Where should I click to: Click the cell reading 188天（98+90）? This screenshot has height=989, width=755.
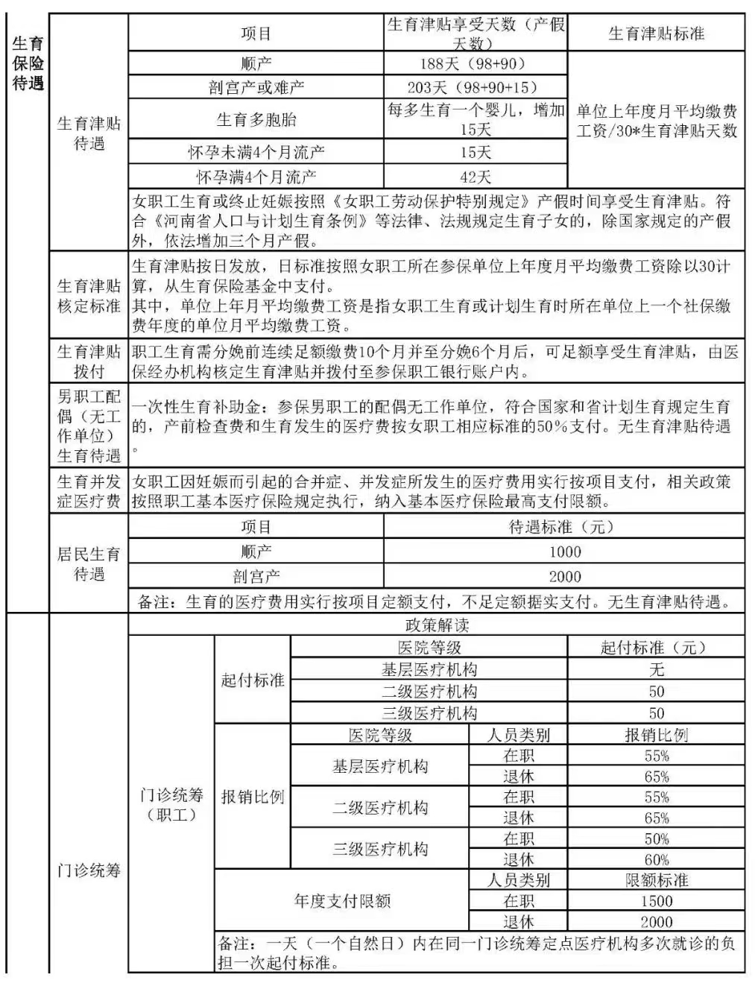click(x=475, y=63)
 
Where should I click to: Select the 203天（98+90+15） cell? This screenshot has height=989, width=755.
click(x=475, y=87)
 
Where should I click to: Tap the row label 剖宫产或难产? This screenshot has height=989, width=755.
click(x=256, y=87)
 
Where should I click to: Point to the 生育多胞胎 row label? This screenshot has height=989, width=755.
click(x=256, y=119)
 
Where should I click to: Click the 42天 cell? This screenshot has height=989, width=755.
click(x=475, y=177)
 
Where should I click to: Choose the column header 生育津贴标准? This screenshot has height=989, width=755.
click(x=656, y=34)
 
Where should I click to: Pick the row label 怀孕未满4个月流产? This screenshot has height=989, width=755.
click(x=256, y=153)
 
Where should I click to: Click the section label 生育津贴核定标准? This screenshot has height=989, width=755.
click(x=89, y=295)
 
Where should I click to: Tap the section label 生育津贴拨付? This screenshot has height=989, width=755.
click(x=89, y=361)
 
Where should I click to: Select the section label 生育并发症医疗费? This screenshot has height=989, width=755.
click(x=89, y=491)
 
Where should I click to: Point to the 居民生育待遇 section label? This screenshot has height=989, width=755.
click(x=89, y=563)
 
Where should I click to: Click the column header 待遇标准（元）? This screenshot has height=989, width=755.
click(x=564, y=527)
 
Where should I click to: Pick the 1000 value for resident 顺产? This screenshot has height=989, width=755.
click(x=564, y=552)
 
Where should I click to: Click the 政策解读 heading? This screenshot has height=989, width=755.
click(x=437, y=625)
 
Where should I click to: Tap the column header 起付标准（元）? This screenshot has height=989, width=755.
click(x=656, y=648)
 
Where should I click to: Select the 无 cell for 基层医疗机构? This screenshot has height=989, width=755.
click(x=656, y=669)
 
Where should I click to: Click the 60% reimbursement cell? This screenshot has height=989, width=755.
click(x=656, y=859)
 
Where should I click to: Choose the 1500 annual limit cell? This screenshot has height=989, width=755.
click(x=656, y=900)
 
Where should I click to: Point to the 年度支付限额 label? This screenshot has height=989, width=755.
click(x=342, y=901)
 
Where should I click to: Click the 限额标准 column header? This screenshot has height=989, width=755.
click(x=656, y=880)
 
